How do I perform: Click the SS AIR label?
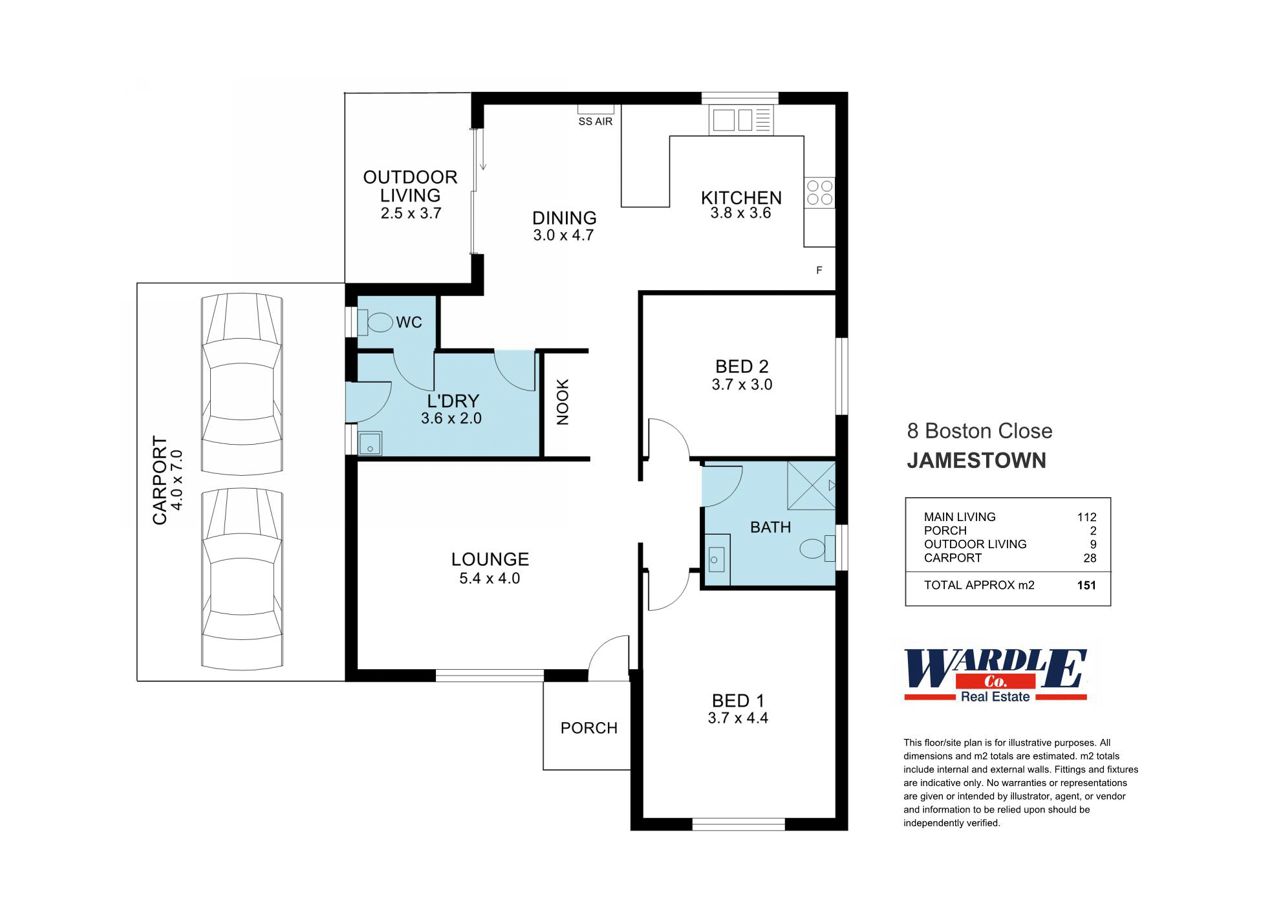click(x=595, y=122)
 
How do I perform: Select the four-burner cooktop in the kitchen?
click(x=819, y=193)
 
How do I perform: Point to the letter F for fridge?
click(x=819, y=270)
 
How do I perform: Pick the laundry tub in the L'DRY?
click(x=370, y=443)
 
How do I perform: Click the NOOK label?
click(x=563, y=402)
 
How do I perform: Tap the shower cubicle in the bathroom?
click(x=811, y=486)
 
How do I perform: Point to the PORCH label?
click(x=588, y=728)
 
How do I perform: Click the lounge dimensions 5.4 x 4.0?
click(x=490, y=578)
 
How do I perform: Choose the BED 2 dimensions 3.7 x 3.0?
click(x=742, y=384)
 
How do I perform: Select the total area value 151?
click(x=1086, y=585)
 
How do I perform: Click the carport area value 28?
click(x=1090, y=558)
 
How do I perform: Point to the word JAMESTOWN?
click(x=976, y=460)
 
